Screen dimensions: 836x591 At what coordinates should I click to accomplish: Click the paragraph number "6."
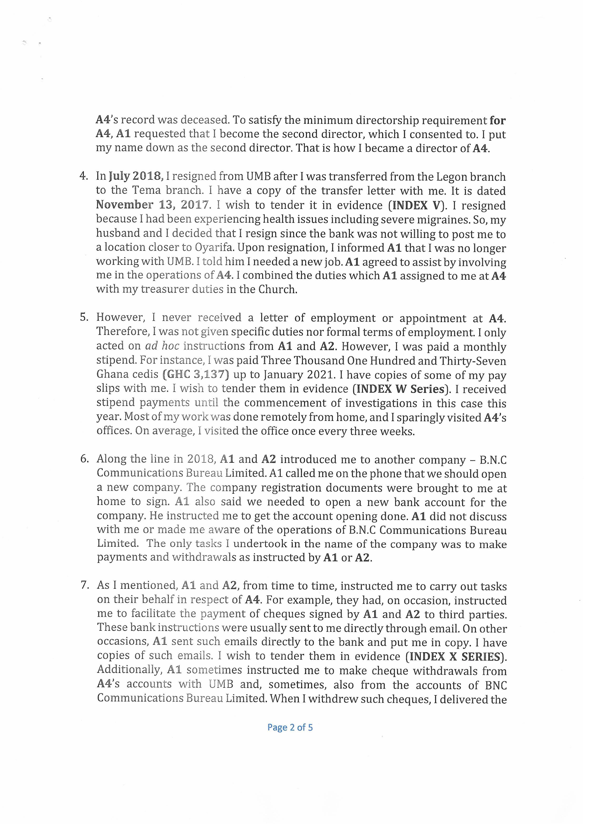click(85, 459)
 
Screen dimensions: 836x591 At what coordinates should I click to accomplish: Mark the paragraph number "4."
click(84, 176)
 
